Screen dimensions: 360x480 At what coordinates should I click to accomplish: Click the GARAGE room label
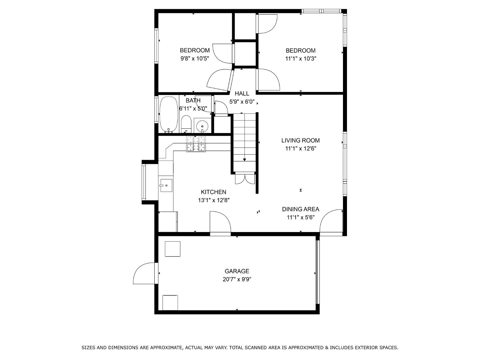237,271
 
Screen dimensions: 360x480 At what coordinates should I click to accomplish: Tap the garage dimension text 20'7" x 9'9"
237,279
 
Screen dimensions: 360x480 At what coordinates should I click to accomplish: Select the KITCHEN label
213,192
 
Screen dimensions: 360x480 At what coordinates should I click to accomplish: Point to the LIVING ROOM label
300,141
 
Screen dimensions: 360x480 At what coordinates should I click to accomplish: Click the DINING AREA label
300,209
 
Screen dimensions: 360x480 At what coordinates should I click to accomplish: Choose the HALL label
242,94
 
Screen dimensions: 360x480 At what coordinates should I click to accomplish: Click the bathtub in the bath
168,114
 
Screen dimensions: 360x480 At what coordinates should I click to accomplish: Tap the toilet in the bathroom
186,124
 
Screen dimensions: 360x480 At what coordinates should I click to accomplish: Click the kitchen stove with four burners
196,144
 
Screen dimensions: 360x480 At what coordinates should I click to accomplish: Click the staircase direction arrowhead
244,160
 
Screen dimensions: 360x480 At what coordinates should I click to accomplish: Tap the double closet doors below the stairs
245,179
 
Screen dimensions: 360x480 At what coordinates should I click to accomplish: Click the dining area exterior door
331,222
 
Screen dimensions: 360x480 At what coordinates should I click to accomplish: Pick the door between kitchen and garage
220,223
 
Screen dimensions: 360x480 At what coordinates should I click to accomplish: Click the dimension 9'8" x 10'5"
195,59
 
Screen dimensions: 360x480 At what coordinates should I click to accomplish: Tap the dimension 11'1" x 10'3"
300,59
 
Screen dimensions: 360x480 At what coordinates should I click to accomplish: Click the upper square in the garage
172,249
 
